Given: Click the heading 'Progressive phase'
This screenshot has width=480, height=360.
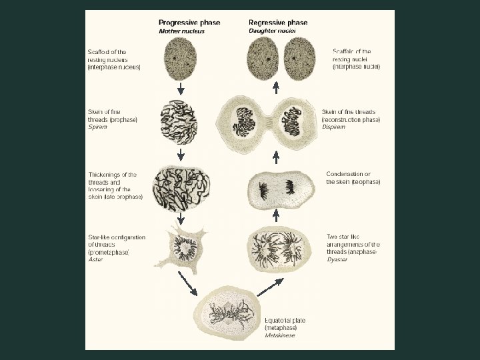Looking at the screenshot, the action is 189,22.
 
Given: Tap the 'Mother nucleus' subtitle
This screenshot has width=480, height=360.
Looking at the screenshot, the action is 181,31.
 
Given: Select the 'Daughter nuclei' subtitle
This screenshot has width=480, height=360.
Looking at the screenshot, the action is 272,31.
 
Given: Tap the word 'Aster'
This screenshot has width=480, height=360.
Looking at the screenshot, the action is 95,259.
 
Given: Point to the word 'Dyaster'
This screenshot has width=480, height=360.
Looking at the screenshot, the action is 338,259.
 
